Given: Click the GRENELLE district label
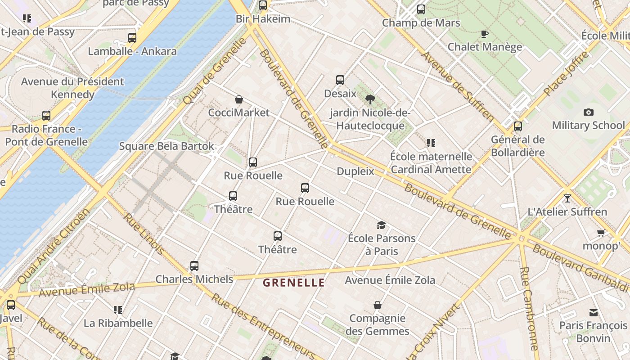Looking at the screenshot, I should pyautogui.click(x=293, y=283).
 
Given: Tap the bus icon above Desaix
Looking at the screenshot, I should pyautogui.click(x=340, y=80).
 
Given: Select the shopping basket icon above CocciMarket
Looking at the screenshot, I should pyautogui.click(x=239, y=99).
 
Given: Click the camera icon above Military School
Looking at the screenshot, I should pyautogui.click(x=588, y=112).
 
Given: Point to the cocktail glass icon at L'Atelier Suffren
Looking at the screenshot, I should pyautogui.click(x=567, y=198).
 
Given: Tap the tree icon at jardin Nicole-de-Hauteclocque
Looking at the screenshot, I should pyautogui.click(x=370, y=99).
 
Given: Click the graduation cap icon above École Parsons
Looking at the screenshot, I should pyautogui.click(x=381, y=225).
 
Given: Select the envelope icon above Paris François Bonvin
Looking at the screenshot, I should pyautogui.click(x=594, y=312).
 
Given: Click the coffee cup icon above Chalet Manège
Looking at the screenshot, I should pyautogui.click(x=485, y=34).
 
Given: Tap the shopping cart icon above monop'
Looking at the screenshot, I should pyautogui.click(x=601, y=233).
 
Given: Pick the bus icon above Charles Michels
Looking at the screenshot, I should pyautogui.click(x=194, y=266).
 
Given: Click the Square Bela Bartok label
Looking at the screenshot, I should pyautogui.click(x=166, y=146).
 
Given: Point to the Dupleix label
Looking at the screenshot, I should pyautogui.click(x=355, y=171).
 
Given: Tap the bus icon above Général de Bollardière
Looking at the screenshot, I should pyautogui.click(x=518, y=126).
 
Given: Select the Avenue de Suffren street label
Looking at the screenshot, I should pyautogui.click(x=457, y=85).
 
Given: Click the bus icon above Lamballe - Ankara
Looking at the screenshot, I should pyautogui.click(x=132, y=38).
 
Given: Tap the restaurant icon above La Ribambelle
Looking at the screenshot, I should pyautogui.click(x=118, y=310).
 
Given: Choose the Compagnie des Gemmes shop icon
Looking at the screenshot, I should pyautogui.click(x=378, y=306).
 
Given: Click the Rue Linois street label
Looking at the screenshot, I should pyautogui.click(x=144, y=234).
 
